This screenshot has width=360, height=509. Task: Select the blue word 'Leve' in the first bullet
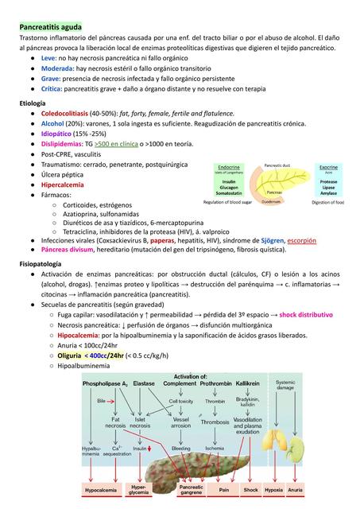pyautogui.click(x=48, y=59)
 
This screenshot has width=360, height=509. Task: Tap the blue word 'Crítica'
pyautogui.click(x=53, y=90)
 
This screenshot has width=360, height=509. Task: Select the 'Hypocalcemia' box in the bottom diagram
pyautogui.click(x=101, y=491)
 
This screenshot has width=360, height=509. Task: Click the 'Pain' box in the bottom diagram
pyautogui.click(x=224, y=491)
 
